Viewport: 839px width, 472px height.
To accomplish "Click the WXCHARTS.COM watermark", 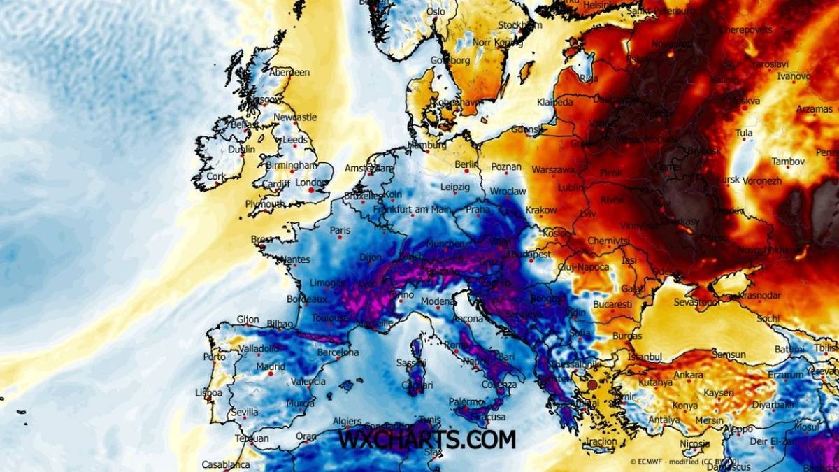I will coord(426,439).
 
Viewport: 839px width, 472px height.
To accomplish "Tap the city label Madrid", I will coord(270,366).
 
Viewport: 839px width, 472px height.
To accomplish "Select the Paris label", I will coord(340,230).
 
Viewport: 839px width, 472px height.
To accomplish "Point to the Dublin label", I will coord(241,149).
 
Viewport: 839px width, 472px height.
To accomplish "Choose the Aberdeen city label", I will coord(289,72).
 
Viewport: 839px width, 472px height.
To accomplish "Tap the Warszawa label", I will coord(553,169).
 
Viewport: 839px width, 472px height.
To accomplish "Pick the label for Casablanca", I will coord(225,464).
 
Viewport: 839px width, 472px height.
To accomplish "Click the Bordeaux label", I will coord(307,299).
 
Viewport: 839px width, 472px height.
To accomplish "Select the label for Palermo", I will coord(466,402).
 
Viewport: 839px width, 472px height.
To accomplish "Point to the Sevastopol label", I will coord(696,303).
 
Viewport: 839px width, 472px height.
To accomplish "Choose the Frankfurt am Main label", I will coord(412,209).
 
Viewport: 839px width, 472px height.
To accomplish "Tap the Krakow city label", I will coord(541,210).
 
